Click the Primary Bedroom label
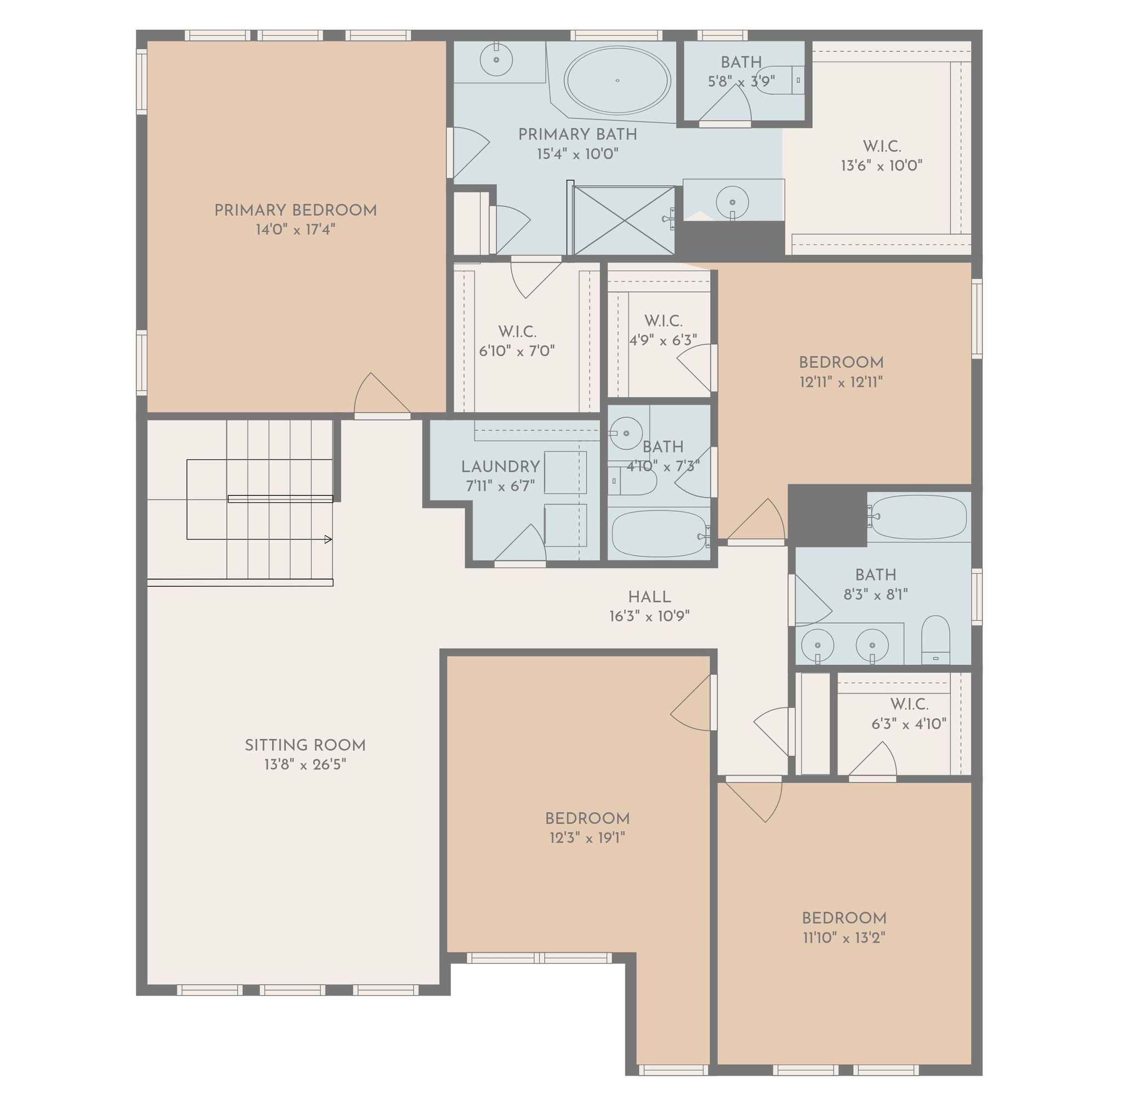pyautogui.click(x=296, y=211)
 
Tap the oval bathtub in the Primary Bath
pyautogui.click(x=617, y=80)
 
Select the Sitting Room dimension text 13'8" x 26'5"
pyautogui.click(x=305, y=765)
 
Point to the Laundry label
pyautogui.click(x=501, y=467)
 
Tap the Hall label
pyautogui.click(x=649, y=596)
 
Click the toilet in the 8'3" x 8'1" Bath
pyautogui.click(x=936, y=640)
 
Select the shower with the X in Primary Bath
pyautogui.click(x=623, y=220)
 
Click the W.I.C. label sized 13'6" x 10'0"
pyautogui.click(x=882, y=146)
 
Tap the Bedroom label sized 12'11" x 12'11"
pyautogui.click(x=841, y=362)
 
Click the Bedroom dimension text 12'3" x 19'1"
pyautogui.click(x=588, y=838)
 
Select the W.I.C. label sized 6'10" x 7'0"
pyautogui.click(x=517, y=332)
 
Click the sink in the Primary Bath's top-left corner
pyautogui.click(x=496, y=59)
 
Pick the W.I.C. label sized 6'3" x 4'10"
pyautogui.click(x=909, y=704)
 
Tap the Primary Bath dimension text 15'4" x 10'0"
pyautogui.click(x=577, y=154)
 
